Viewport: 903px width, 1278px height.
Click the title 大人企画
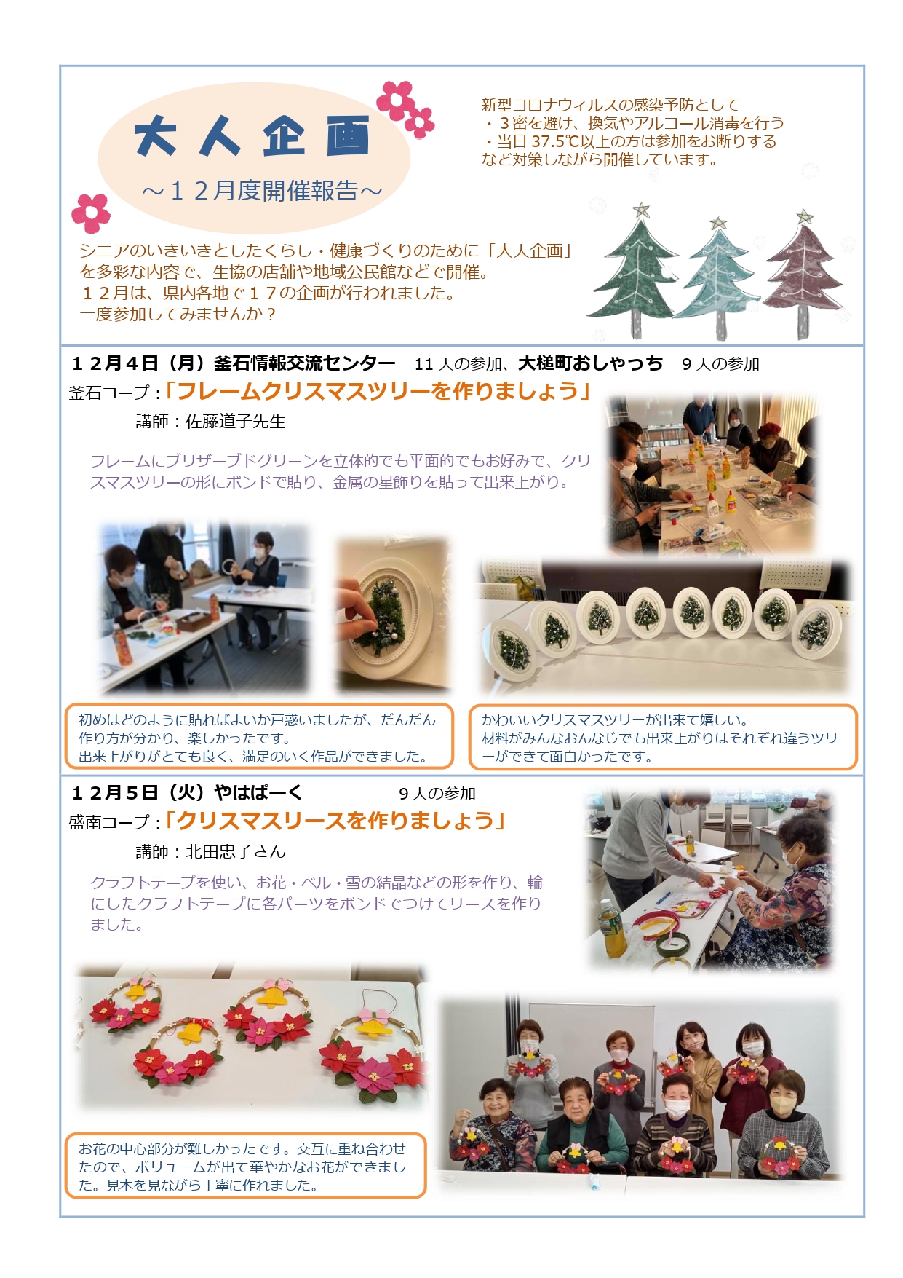coord(252,135)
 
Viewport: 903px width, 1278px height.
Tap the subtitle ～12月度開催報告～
coord(262,191)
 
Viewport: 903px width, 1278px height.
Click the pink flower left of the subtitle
coord(91,212)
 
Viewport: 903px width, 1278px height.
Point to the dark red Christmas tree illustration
coord(803,273)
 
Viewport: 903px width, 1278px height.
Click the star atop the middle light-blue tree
coord(718,223)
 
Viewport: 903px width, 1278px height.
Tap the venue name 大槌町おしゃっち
coord(590,363)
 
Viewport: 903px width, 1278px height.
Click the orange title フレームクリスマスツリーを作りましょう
coord(377,391)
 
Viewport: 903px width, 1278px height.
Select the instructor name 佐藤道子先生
coord(236,422)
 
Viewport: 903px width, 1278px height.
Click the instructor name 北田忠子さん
coord(236,851)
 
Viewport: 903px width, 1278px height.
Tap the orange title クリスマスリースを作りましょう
coord(335,821)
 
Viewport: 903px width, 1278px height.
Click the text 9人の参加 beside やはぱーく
coord(437,794)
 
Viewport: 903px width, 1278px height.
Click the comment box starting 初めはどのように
coord(259,736)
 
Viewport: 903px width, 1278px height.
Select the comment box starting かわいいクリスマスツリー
coord(663,737)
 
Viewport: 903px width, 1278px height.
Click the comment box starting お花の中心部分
coord(245,1166)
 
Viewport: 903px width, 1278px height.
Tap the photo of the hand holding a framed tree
coord(393,615)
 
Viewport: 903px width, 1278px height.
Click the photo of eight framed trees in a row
coord(664,627)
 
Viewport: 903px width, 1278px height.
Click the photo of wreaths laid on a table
coord(251,1038)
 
